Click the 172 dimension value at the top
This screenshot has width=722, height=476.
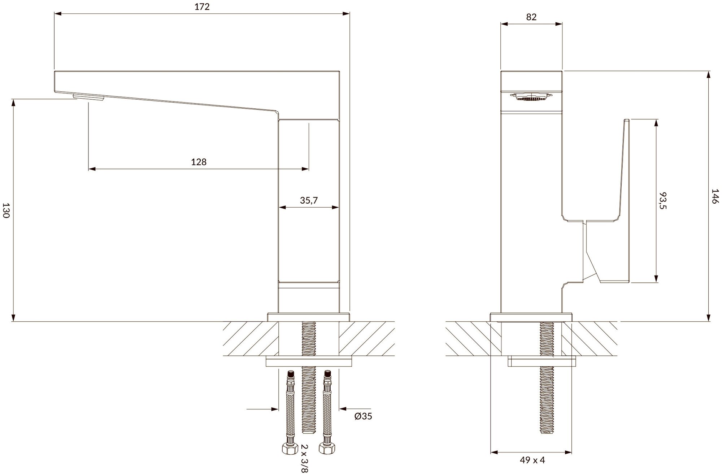point(202,7)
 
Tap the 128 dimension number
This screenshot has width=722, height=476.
point(199,162)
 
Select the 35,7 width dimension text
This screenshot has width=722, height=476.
point(309,200)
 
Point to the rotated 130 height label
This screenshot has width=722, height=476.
point(6,210)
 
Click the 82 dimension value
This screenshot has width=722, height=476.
point(531,17)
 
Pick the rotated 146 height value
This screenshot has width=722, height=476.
point(715,196)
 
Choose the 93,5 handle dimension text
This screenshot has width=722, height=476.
point(663,200)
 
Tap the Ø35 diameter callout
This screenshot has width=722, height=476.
point(363,416)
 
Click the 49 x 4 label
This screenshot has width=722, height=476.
point(532,460)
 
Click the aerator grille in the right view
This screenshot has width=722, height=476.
point(531,97)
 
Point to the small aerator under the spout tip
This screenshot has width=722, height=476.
point(88,97)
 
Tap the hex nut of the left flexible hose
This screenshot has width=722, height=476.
point(288,449)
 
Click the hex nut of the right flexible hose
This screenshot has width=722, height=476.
point(326,449)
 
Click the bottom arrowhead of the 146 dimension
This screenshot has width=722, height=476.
point(709,318)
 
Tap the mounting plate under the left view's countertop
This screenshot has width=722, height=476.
point(309,362)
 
